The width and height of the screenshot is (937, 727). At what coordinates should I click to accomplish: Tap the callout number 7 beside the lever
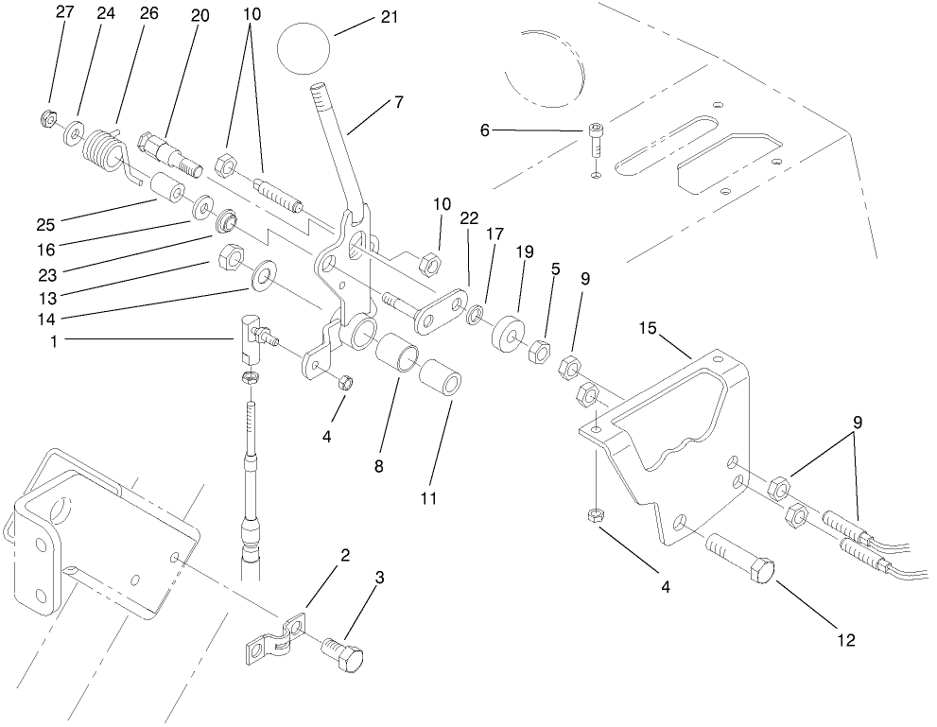click(399, 103)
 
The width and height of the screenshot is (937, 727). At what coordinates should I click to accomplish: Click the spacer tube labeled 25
click(166, 189)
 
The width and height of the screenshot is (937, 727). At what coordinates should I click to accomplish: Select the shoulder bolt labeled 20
click(168, 153)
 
